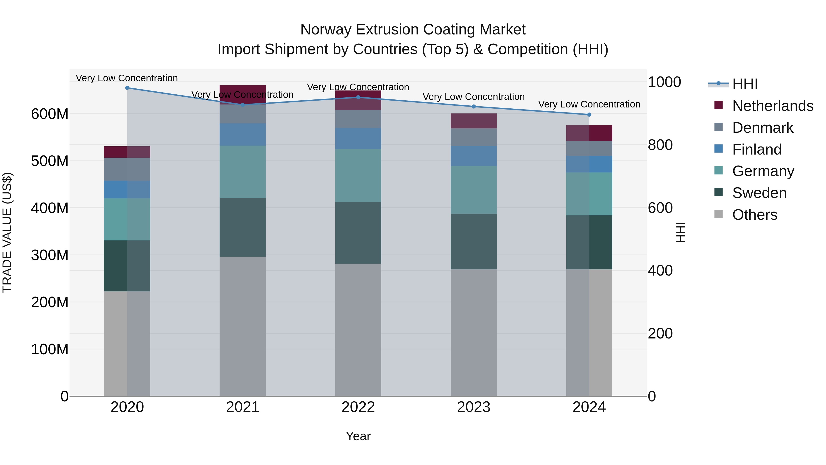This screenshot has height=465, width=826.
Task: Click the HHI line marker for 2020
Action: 127,88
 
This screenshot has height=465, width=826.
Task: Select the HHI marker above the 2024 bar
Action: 589,115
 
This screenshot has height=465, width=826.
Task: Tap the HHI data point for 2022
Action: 358,97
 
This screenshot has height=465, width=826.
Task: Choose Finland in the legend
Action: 757,149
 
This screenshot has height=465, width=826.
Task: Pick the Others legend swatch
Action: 719,214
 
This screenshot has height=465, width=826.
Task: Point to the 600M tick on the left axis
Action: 50,114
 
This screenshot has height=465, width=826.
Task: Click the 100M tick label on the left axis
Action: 50,349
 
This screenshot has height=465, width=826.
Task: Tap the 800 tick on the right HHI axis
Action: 660,145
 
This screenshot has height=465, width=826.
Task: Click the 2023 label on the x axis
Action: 474,407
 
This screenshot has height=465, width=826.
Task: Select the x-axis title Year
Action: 358,436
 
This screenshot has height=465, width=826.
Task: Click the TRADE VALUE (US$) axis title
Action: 7,232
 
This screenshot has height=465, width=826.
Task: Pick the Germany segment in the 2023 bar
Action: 474,190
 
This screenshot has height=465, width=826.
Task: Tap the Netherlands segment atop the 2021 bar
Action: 243,94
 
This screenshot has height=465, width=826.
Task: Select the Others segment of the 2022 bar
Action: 358,330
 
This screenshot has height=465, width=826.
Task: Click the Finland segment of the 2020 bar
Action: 127,189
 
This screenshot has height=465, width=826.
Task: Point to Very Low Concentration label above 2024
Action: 589,104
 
